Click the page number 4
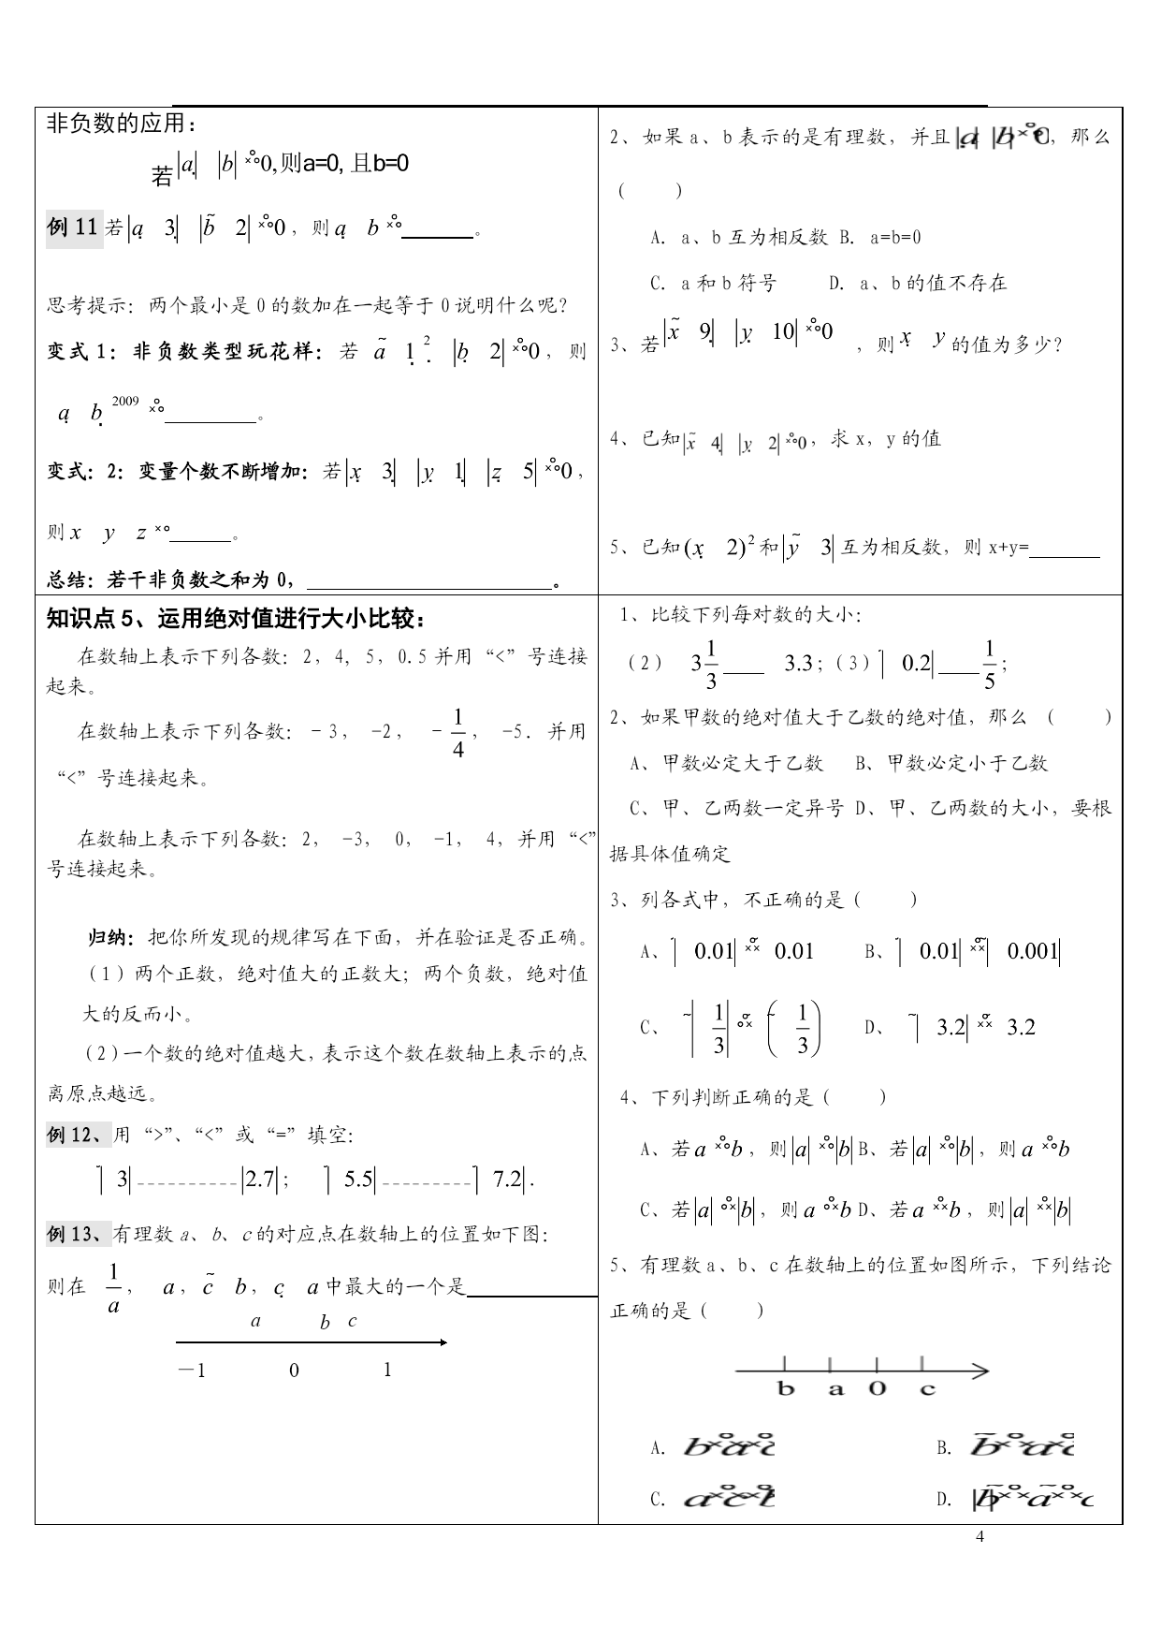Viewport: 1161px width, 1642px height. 980,1536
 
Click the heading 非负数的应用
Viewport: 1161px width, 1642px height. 122,124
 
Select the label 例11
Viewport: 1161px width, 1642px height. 73,227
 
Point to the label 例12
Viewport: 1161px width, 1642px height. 79,1136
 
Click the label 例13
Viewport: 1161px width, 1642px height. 79,1235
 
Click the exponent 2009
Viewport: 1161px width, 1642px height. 125,402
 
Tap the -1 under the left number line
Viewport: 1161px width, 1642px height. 192,1371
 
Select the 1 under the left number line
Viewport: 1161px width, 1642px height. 387,1371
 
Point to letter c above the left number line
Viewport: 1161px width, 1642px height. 352,1322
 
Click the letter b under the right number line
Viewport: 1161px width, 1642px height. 785,1388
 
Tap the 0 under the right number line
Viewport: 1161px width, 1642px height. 877,1388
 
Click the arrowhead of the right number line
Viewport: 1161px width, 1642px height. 981,1371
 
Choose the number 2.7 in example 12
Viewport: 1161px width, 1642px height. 259,1180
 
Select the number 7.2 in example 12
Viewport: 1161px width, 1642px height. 507,1180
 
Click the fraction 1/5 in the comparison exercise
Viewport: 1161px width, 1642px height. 989,664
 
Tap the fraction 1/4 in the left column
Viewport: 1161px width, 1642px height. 457,732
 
